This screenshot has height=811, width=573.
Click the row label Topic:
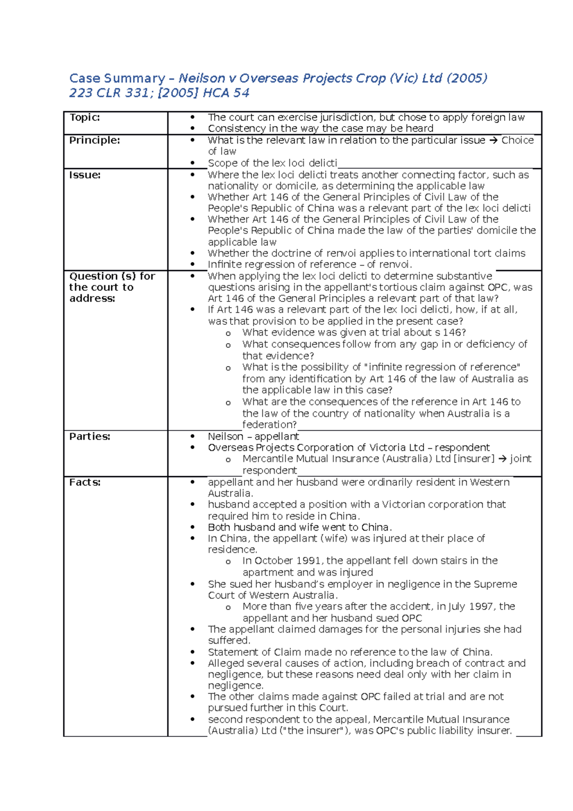pos(85,117)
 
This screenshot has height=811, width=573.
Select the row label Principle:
pos(95,140)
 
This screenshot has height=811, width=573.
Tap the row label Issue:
pos(85,175)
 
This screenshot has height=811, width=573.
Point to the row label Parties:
pos(90,437)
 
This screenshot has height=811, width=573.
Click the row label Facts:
pos(85,482)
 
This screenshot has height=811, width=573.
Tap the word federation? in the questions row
pos(269,425)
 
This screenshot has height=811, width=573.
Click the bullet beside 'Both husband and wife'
pos(192,528)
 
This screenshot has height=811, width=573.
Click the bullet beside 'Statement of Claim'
pos(192,652)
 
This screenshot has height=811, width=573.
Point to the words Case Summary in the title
pos(117,78)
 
